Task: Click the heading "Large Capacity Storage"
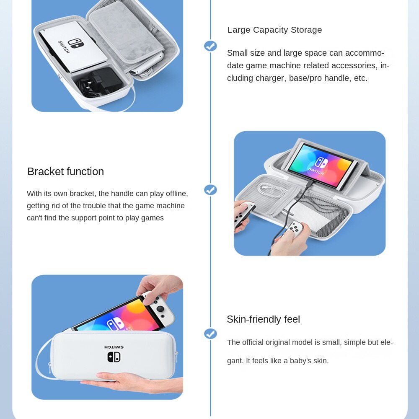point(274,30)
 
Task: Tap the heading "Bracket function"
point(65,171)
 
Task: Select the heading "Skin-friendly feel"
point(263,319)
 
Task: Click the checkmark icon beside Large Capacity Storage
point(211,46)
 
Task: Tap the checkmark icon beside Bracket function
point(211,190)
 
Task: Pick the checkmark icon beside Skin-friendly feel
point(211,334)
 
